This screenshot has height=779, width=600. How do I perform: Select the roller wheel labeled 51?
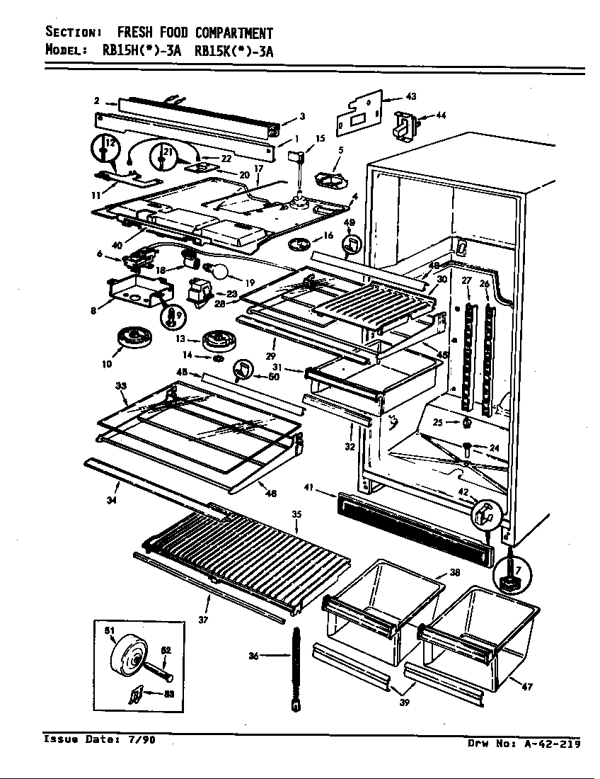pos(129,658)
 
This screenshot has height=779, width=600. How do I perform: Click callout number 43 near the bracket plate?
pos(410,96)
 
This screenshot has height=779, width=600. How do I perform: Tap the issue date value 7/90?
pos(141,740)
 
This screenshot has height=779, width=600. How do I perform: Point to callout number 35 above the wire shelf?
pos(296,513)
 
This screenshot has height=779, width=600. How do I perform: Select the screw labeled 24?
pos(468,448)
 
